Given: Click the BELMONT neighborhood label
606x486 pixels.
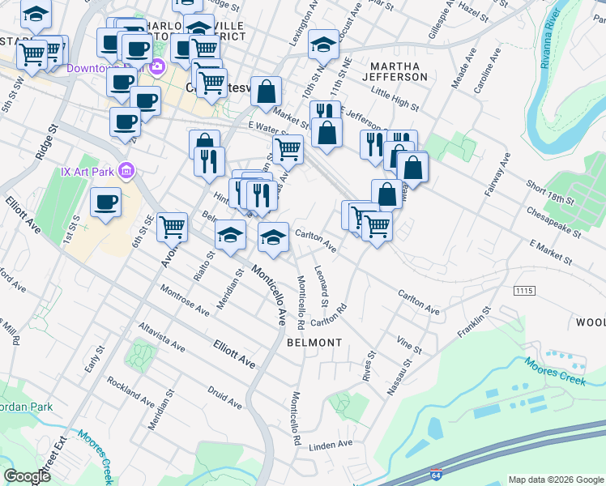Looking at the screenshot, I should coord(314,343).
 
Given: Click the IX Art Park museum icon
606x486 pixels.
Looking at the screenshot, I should coord(126,171).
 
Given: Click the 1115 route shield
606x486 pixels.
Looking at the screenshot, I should coord(524,289).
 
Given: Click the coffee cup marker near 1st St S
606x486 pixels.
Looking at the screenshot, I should coord(105,202).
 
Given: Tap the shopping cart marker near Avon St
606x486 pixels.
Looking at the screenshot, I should coord(172,228).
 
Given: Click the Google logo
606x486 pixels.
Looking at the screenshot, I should coord(27,476).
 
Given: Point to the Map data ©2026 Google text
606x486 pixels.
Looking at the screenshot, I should coord(555,480).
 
